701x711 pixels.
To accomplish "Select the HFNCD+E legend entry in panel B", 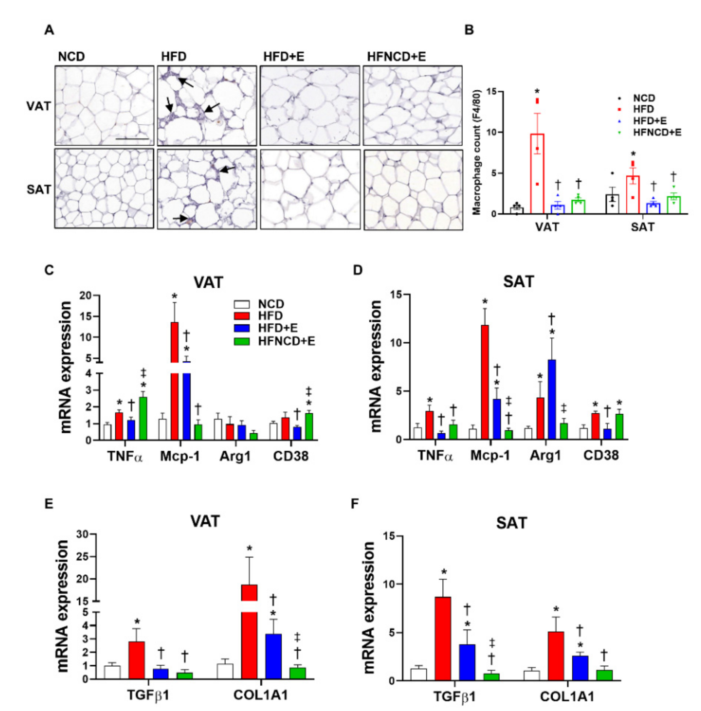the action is coord(657,133).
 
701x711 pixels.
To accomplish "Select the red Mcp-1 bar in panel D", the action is coord(485,383).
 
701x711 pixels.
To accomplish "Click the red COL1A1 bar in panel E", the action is coord(249,640).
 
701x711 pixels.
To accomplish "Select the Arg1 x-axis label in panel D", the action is coord(545,456).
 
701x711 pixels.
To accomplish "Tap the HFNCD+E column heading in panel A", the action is coord(396,57).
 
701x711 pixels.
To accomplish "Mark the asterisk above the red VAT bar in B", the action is coord(537,92).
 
